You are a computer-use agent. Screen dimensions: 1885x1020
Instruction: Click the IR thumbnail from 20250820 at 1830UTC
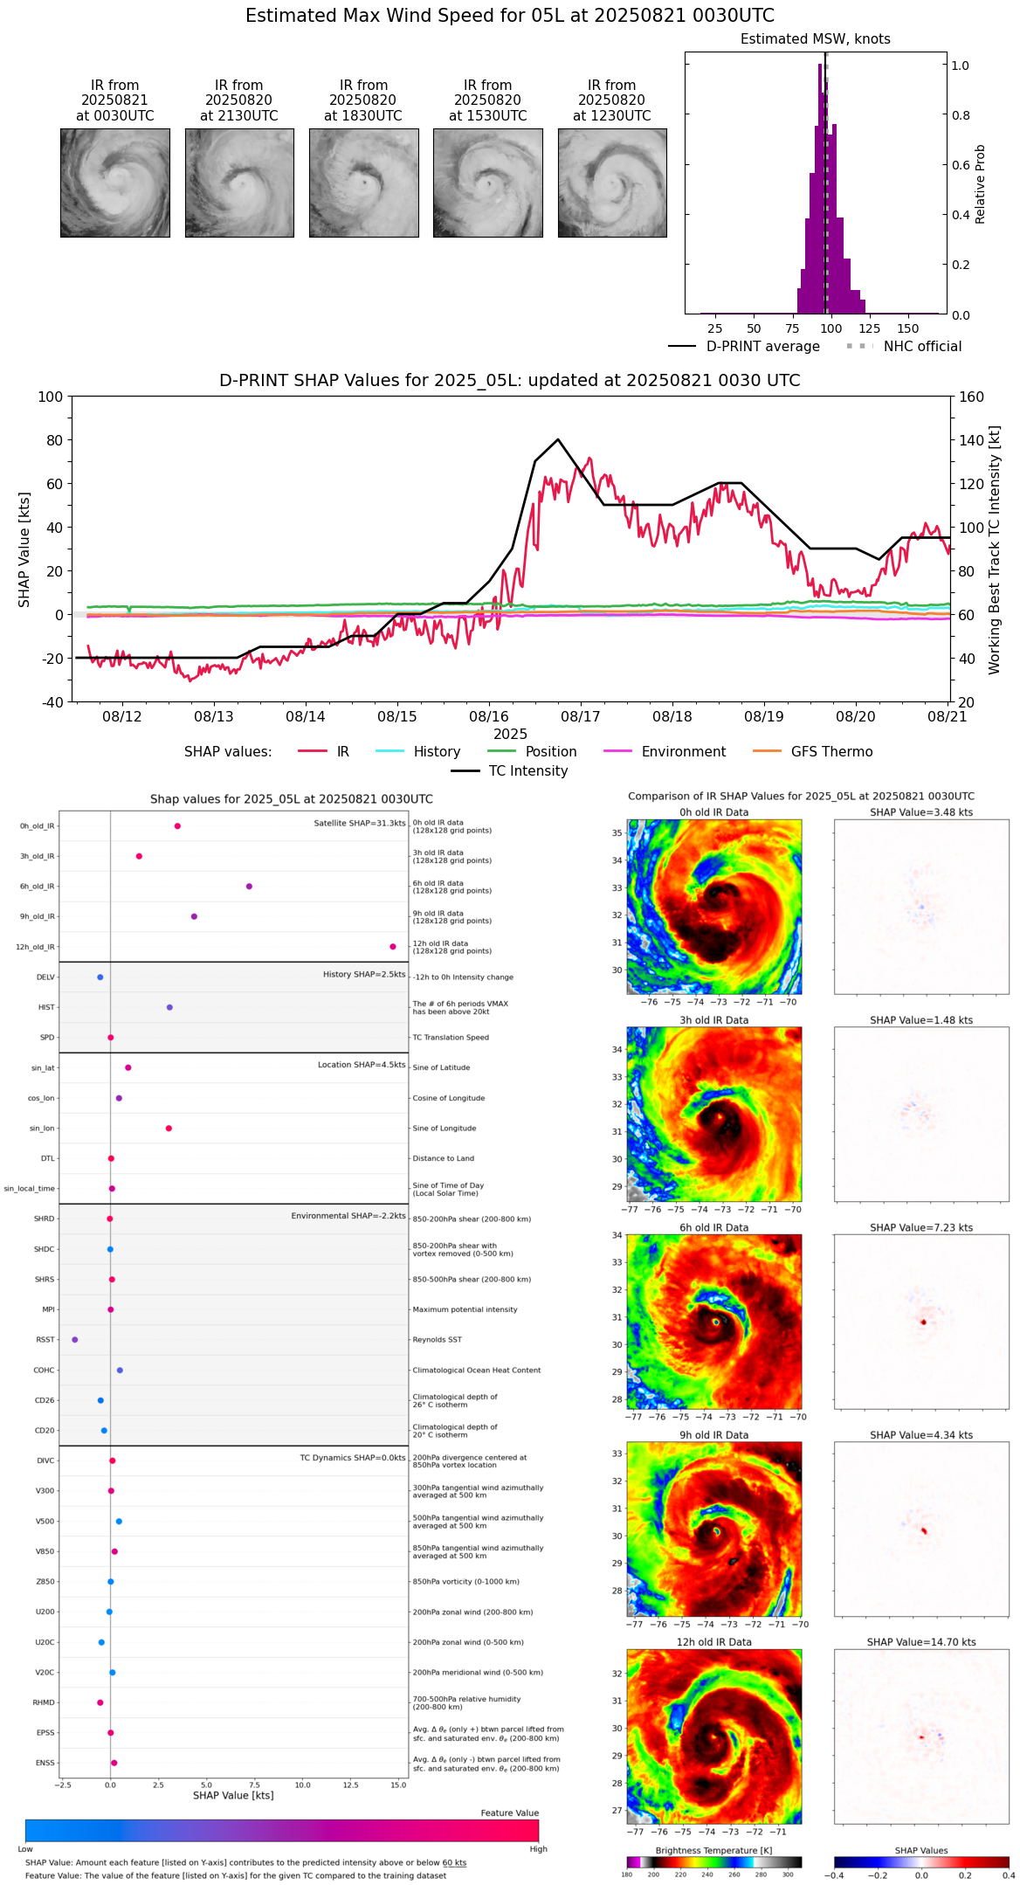pyautogui.click(x=363, y=183)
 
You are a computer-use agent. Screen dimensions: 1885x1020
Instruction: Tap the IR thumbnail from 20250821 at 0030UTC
pyautogui.click(x=114, y=183)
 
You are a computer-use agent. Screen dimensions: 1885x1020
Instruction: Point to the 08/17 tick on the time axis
pyautogui.click(x=581, y=716)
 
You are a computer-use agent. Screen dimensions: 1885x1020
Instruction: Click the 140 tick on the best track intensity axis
pyautogui.click(x=970, y=440)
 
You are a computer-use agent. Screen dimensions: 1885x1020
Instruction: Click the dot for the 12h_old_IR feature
pyautogui.click(x=393, y=947)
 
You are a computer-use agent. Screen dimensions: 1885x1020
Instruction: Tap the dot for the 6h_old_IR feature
pyautogui.click(x=249, y=887)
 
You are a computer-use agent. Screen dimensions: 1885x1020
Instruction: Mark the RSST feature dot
pyautogui.click(x=75, y=1340)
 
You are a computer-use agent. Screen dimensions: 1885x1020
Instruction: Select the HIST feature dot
pyautogui.click(x=169, y=1007)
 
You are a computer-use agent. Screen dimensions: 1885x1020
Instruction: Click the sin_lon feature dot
pyautogui.click(x=169, y=1129)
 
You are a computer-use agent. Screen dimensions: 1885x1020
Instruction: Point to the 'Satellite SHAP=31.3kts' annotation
pyautogui.click(x=360, y=824)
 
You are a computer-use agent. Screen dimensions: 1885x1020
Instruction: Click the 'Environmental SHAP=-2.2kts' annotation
pyautogui.click(x=348, y=1216)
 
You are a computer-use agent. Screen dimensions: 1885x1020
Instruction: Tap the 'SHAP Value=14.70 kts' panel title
pyautogui.click(x=921, y=1642)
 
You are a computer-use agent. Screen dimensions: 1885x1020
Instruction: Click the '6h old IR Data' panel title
pyautogui.click(x=713, y=1227)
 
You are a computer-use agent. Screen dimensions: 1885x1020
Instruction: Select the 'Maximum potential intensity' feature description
pyautogui.click(x=465, y=1309)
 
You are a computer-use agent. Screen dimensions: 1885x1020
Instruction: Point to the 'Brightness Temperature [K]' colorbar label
pyautogui.click(x=713, y=1850)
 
